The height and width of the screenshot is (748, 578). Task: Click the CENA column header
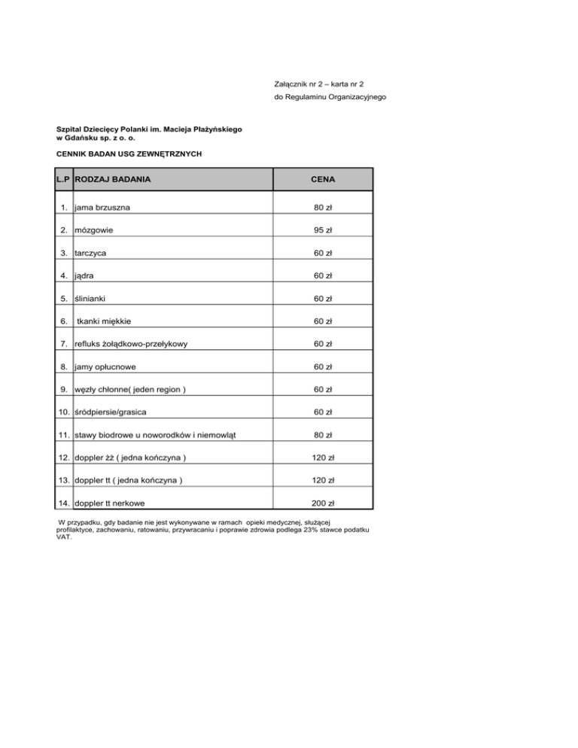click(x=325, y=180)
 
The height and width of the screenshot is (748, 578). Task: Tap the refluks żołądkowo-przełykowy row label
click(x=130, y=344)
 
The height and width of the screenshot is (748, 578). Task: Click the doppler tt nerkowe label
click(x=114, y=503)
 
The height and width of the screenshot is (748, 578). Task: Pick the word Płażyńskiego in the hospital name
click(x=214, y=129)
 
